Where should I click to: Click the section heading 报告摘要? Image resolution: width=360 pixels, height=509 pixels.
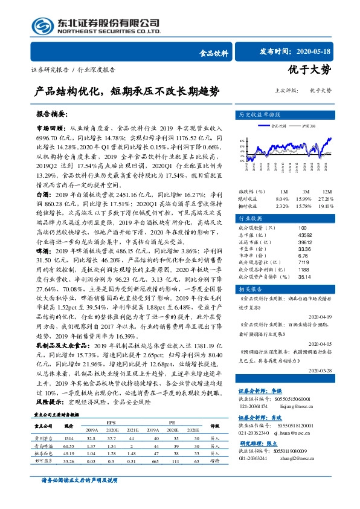(x=51, y=113)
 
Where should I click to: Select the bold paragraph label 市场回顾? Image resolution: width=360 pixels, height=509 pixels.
(x=50, y=129)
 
